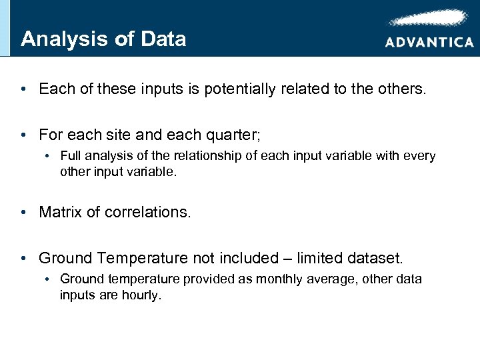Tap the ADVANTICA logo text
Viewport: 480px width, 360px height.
(x=429, y=42)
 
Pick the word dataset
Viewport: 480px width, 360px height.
(x=380, y=257)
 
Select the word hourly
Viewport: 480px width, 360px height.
(x=140, y=294)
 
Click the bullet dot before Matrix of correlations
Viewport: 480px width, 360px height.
(x=23, y=212)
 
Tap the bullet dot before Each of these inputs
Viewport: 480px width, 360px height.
(x=23, y=89)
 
